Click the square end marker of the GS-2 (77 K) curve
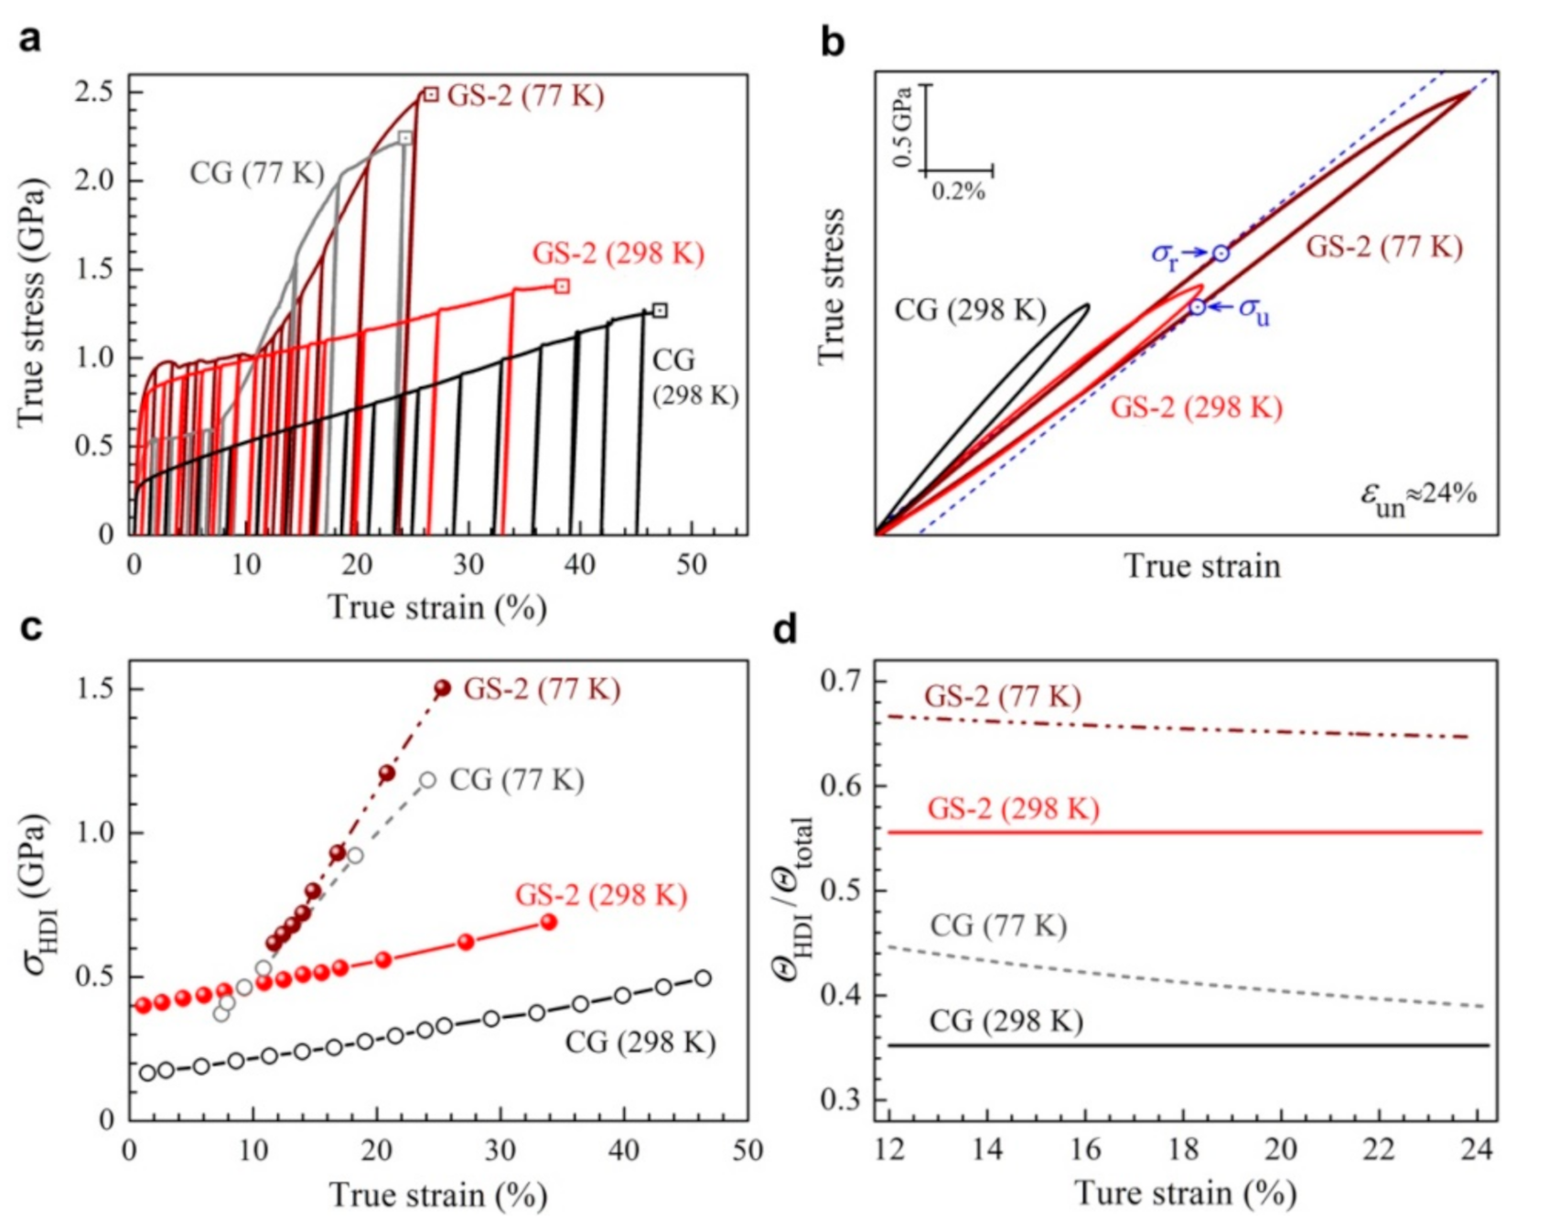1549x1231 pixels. tap(431, 94)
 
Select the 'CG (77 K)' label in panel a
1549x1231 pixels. tap(257, 173)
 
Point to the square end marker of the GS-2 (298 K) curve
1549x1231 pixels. tap(563, 286)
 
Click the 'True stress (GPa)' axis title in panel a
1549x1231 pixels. tap(31, 302)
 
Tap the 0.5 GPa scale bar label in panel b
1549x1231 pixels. tap(904, 127)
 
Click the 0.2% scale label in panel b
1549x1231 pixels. tap(958, 192)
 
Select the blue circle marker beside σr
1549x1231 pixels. tap(1221, 254)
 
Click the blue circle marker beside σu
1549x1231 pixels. tap(1198, 308)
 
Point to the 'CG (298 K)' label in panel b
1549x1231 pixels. tap(970, 310)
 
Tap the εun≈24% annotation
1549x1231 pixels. tap(1418, 497)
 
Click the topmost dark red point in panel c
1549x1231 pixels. tap(443, 688)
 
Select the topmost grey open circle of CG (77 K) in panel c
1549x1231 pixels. tap(427, 781)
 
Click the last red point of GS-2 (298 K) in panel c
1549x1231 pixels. tap(549, 922)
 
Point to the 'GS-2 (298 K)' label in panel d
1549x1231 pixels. tap(1013, 809)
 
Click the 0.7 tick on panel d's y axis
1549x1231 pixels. tap(844, 681)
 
